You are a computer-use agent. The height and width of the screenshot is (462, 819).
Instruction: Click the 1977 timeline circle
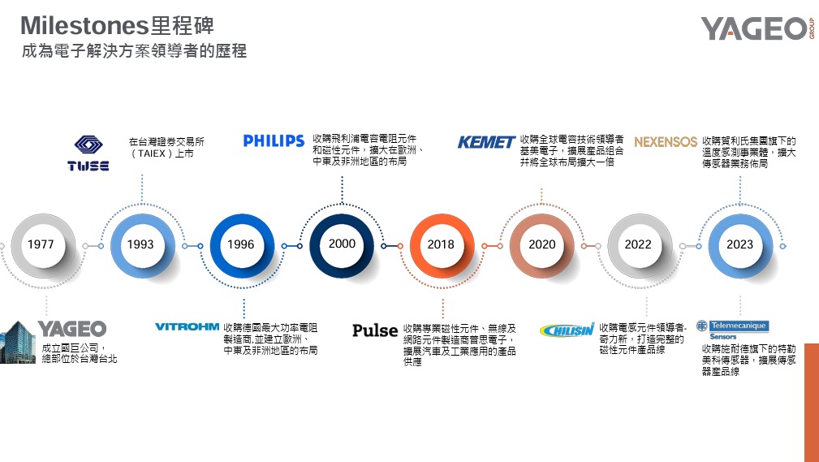41,244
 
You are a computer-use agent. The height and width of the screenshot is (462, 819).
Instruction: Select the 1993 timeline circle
140,244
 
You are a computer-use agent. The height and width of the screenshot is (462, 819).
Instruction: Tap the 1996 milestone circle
240,244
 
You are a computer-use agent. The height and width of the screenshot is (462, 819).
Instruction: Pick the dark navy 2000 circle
342,244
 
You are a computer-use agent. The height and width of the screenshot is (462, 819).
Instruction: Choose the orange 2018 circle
441,244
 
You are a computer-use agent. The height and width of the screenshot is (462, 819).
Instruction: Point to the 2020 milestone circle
541,244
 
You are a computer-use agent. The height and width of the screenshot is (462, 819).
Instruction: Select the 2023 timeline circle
739,244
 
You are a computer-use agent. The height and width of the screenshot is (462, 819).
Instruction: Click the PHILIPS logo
274,141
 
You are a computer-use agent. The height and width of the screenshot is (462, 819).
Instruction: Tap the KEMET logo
486,142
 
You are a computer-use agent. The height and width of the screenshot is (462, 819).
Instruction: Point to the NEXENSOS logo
666,142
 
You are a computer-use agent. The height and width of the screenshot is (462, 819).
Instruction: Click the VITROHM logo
187,327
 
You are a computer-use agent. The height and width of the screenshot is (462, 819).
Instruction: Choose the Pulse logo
375,330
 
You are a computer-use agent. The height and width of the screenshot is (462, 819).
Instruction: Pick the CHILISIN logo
567,330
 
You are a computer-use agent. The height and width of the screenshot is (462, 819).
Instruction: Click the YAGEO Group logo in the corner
756,28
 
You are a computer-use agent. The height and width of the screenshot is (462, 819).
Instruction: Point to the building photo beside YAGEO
18,342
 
